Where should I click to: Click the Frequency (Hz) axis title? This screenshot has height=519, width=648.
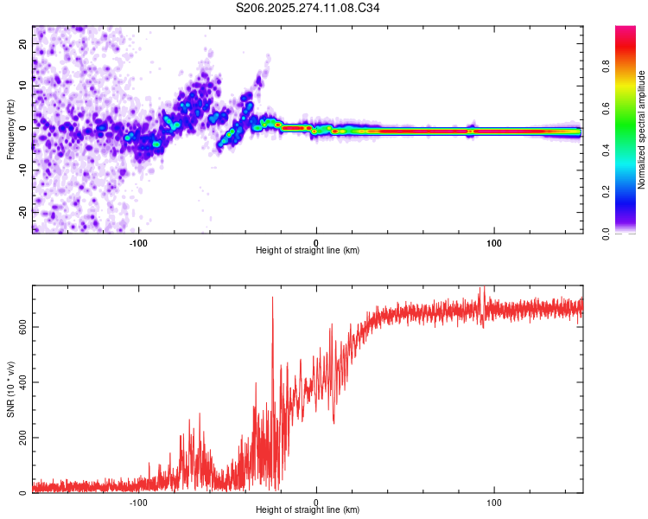tap(10, 129)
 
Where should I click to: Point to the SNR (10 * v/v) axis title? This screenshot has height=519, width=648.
tap(10, 390)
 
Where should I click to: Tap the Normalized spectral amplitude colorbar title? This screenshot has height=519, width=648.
tap(642, 129)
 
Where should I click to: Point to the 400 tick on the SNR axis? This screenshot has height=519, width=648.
tap(22, 382)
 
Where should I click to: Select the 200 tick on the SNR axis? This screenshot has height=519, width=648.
tap(22, 438)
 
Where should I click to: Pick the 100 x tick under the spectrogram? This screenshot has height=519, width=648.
tap(494, 241)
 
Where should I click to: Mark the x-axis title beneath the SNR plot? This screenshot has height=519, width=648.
tap(308, 511)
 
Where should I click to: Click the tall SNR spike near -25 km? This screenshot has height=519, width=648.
tap(273, 299)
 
